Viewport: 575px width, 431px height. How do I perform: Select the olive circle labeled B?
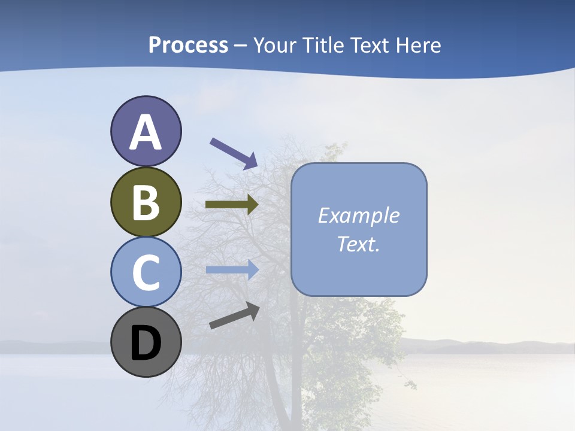[x=146, y=202]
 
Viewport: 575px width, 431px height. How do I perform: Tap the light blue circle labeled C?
[x=146, y=272]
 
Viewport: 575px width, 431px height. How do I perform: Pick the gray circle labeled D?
[x=146, y=342]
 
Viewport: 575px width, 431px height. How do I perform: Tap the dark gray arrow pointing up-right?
[x=234, y=316]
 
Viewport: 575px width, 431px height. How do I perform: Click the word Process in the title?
[x=188, y=45]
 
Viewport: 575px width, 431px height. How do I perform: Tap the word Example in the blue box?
[x=358, y=215]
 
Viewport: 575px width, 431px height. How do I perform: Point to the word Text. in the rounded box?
[x=358, y=244]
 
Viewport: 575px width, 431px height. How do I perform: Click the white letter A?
[x=146, y=132]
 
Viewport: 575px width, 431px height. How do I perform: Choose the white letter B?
[x=146, y=203]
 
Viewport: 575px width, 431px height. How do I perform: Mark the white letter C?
[x=146, y=273]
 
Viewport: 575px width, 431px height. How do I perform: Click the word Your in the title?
[x=275, y=45]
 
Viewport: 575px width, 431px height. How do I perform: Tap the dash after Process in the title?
[x=241, y=46]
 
